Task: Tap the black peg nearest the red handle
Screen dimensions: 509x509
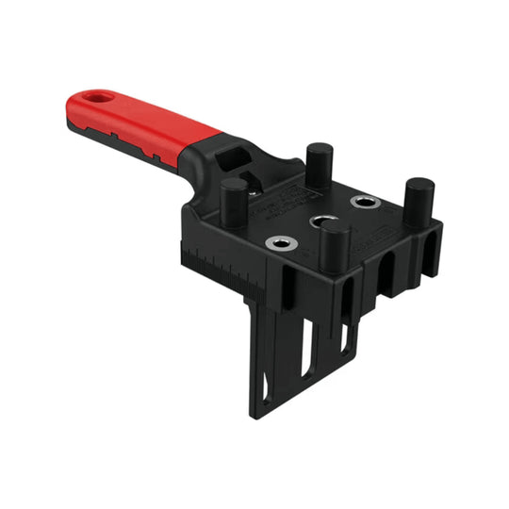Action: click(x=234, y=200)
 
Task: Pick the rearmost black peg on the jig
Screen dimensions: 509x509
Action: click(x=318, y=164)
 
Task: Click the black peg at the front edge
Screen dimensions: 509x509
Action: click(x=334, y=246)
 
